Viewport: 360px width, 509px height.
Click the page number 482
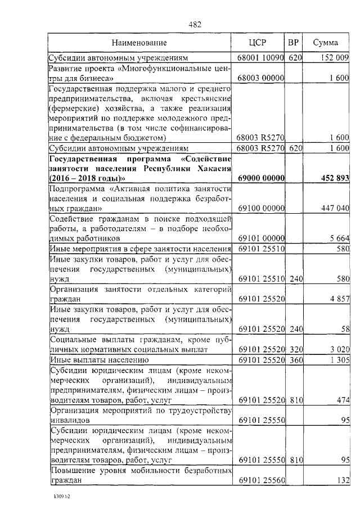coord(195,24)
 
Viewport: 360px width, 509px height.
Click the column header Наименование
coord(139,43)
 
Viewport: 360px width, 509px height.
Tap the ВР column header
coord(293,43)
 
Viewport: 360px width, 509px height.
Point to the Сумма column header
coord(325,43)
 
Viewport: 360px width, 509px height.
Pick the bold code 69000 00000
coord(260,178)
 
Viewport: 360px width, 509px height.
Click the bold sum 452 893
coord(333,178)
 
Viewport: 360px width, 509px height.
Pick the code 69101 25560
coord(260,481)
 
